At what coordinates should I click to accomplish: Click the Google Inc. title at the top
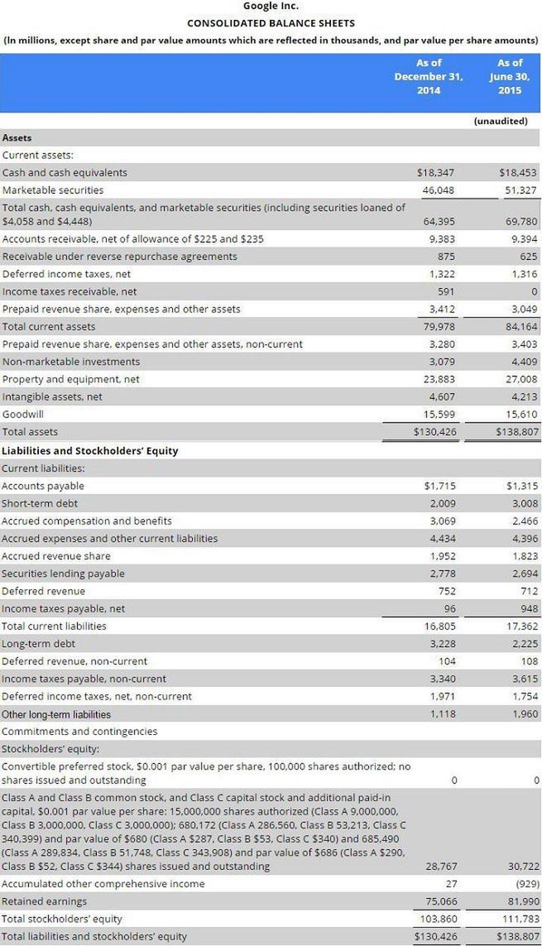pos(271,7)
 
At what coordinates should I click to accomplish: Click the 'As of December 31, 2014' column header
pos(428,76)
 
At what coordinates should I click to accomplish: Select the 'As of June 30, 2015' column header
pos(510,76)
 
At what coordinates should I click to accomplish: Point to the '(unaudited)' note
pos(501,121)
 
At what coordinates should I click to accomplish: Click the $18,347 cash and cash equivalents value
pos(436,173)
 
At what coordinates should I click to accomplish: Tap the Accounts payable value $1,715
pos(439,486)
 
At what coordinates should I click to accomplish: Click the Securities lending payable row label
pos(63,574)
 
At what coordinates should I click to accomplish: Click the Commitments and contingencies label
pos(79,732)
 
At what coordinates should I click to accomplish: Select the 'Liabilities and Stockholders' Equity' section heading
pos(90,451)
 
